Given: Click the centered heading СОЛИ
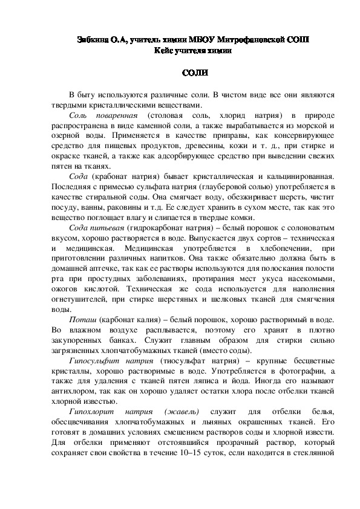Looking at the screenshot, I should pyautogui.click(x=195, y=73).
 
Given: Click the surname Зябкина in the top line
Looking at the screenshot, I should pyautogui.click(x=96, y=40).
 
